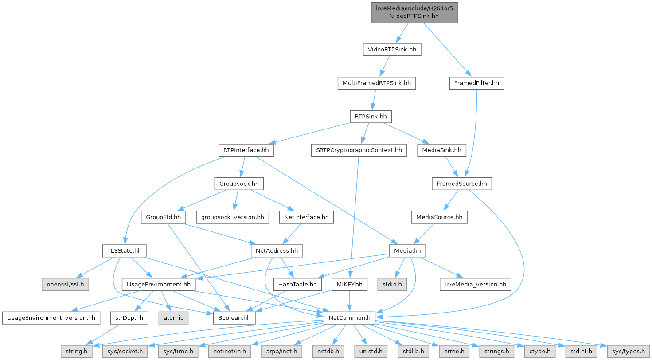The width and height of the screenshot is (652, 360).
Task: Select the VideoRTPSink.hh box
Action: click(x=392, y=50)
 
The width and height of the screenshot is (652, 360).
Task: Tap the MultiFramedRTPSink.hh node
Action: click(x=376, y=83)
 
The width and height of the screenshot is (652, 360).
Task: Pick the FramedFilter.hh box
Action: click(x=476, y=83)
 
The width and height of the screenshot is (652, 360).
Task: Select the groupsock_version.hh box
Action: click(x=233, y=217)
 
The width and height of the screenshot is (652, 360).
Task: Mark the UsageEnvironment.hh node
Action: click(x=159, y=284)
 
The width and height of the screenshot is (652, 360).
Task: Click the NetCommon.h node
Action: click(x=350, y=318)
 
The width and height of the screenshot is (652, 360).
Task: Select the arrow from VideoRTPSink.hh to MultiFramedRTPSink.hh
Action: click(x=384, y=67)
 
